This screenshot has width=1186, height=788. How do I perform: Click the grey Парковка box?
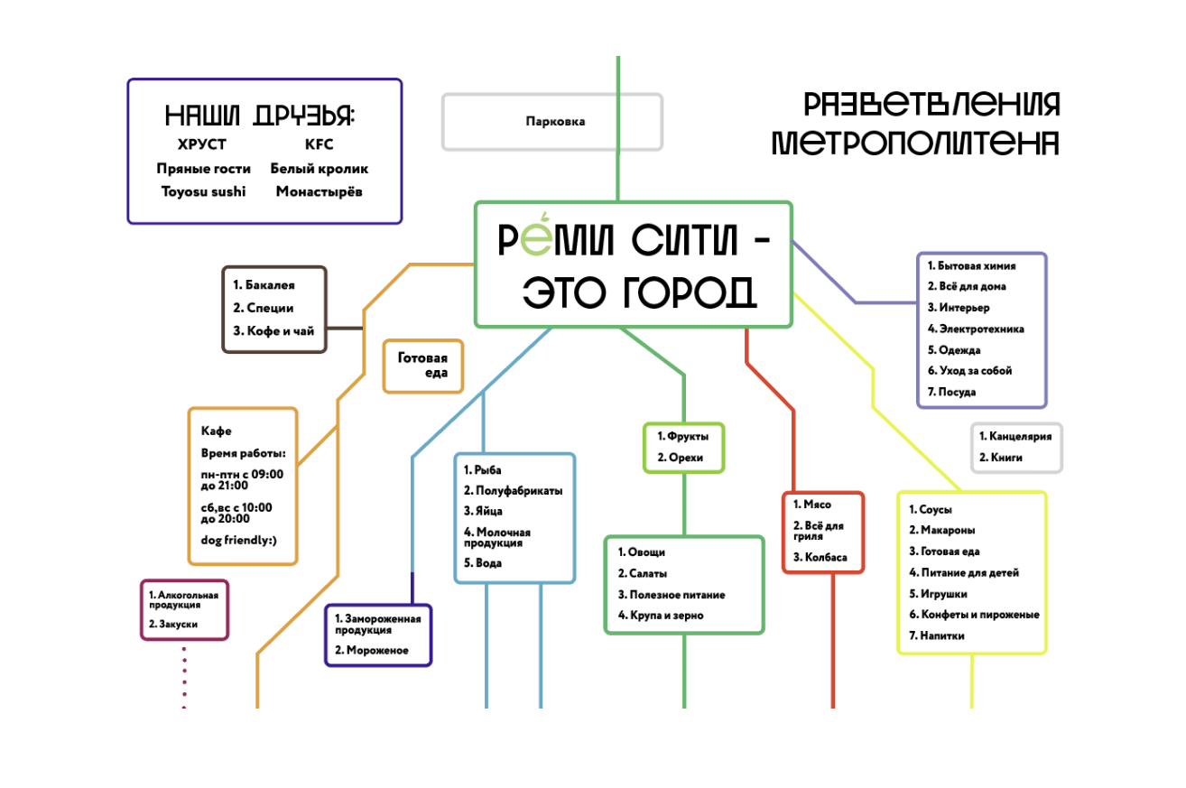[552, 122]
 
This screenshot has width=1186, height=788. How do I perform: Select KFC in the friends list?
[319, 144]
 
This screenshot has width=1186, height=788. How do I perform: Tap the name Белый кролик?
[319, 169]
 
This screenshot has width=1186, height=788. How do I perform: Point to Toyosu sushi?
[203, 191]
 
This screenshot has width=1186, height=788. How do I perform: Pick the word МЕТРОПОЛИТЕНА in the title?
[914, 143]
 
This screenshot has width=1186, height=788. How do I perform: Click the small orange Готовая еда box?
[423, 366]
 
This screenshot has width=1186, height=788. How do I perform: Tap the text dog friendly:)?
[238, 541]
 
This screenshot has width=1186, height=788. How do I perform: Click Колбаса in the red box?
[825, 558]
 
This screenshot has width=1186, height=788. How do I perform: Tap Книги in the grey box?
[1005, 458]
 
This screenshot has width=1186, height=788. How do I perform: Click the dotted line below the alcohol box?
[184, 677]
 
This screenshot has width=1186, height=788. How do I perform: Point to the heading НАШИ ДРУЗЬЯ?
[260, 116]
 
